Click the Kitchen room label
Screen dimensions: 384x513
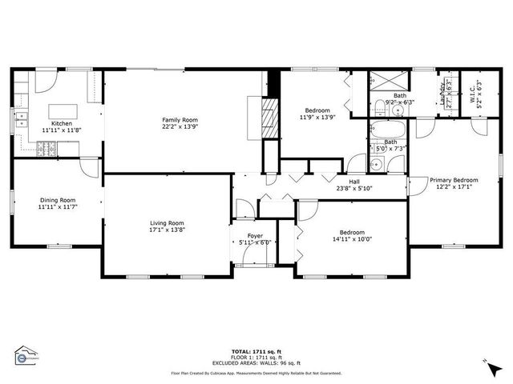tap(62, 123)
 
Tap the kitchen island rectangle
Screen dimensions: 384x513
tap(63, 110)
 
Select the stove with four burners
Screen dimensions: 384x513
tap(47, 147)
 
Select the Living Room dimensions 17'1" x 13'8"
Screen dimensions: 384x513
tap(167, 230)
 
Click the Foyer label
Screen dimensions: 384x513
tap(255, 236)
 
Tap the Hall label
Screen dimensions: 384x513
tap(353, 182)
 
